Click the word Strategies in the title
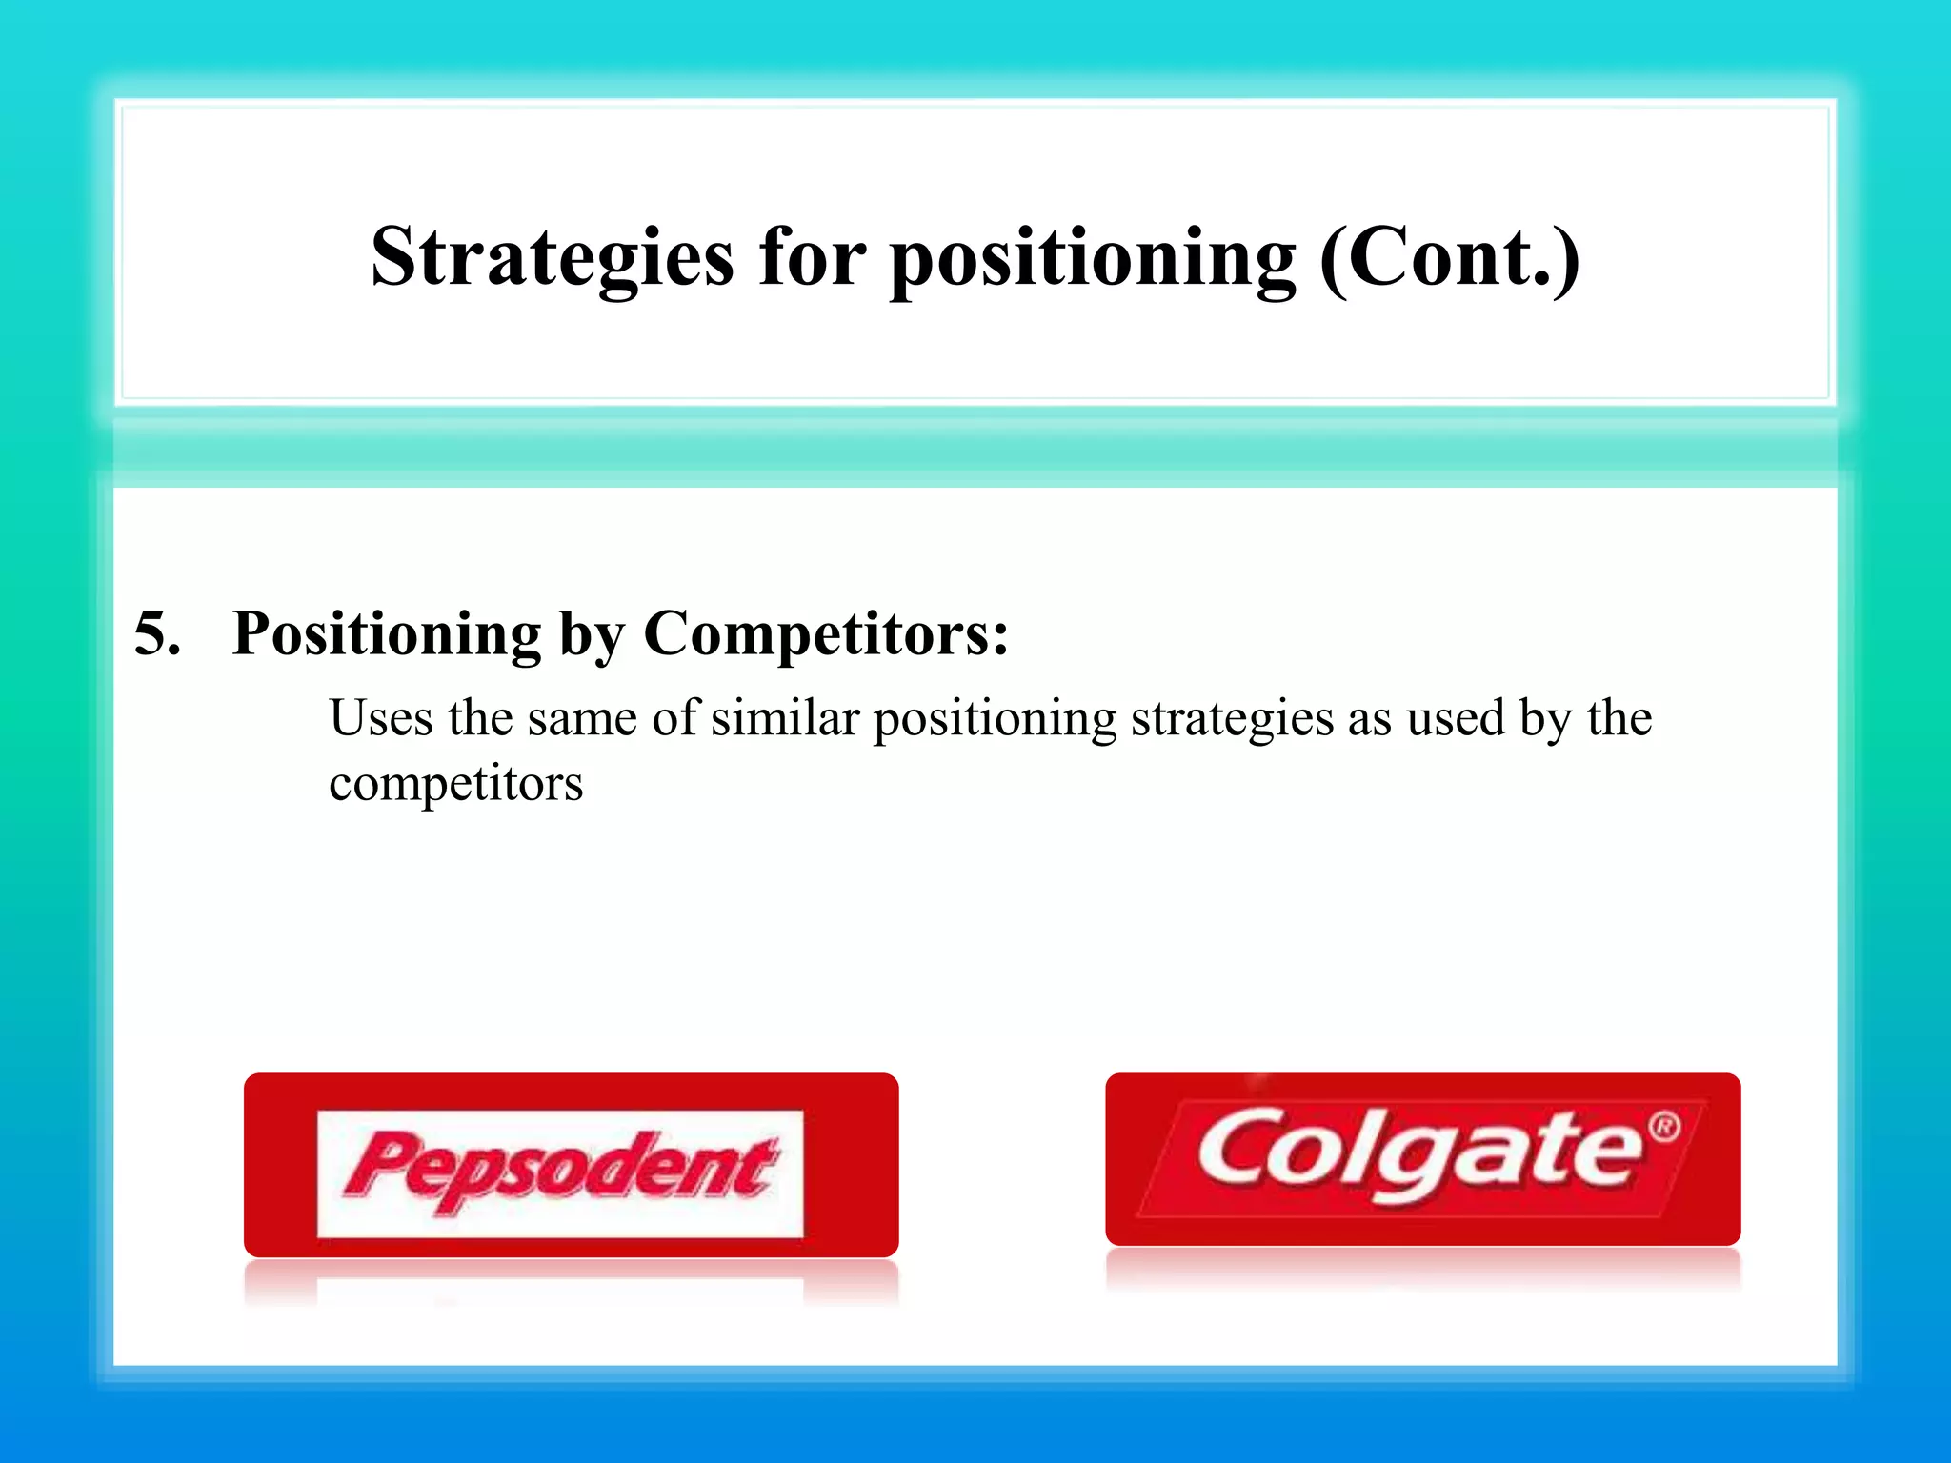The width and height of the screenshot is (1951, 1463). (x=553, y=259)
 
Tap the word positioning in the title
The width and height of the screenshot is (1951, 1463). (x=1093, y=259)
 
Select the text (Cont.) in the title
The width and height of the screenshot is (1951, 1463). (x=1449, y=259)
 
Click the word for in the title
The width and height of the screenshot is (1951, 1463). (x=812, y=259)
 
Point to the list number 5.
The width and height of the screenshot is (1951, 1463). (x=156, y=633)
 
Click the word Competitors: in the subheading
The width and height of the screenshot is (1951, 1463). (x=826, y=633)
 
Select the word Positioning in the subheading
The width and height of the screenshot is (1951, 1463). (x=387, y=633)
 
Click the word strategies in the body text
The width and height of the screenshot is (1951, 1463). (x=1232, y=720)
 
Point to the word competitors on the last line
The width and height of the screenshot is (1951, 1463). (x=455, y=785)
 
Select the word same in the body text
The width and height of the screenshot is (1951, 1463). (x=581, y=720)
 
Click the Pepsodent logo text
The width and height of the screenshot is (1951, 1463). (x=560, y=1170)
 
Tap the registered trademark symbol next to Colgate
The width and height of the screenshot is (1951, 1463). (x=1664, y=1127)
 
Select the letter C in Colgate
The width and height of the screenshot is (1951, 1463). (x=1237, y=1148)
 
